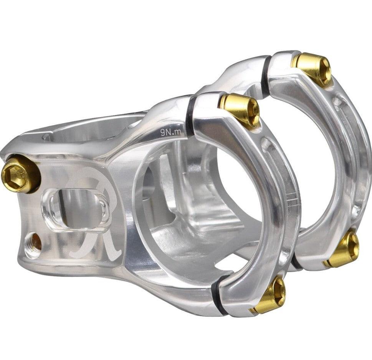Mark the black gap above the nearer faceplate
point(191,115)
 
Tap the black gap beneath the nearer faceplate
point(217,296)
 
